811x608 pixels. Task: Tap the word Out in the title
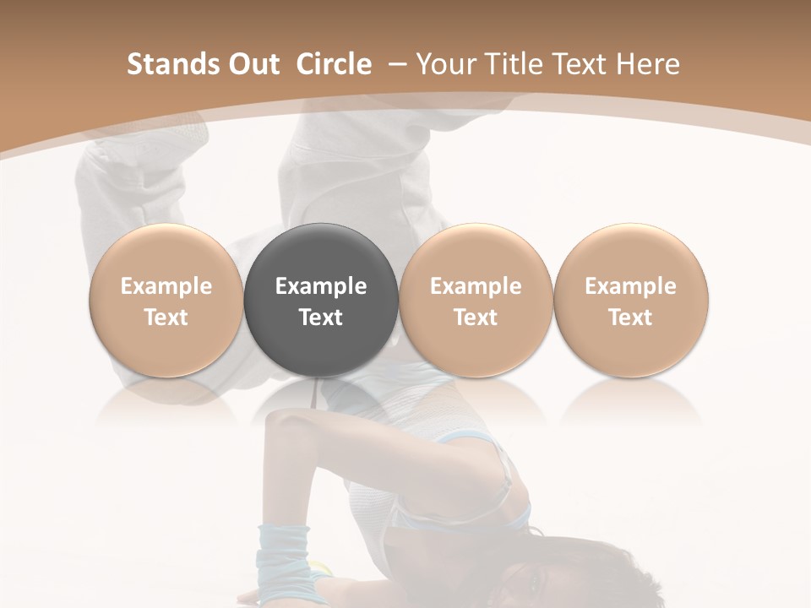click(251, 64)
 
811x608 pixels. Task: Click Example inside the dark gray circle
click(321, 286)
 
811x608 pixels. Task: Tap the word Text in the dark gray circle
click(321, 318)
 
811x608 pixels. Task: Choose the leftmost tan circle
click(166, 301)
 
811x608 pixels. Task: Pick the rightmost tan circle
click(630, 301)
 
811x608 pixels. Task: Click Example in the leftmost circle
click(166, 286)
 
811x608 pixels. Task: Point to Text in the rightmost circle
click(630, 318)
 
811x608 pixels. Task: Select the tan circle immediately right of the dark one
click(476, 301)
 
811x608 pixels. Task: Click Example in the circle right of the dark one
click(476, 286)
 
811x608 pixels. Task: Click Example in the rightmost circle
click(630, 286)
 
